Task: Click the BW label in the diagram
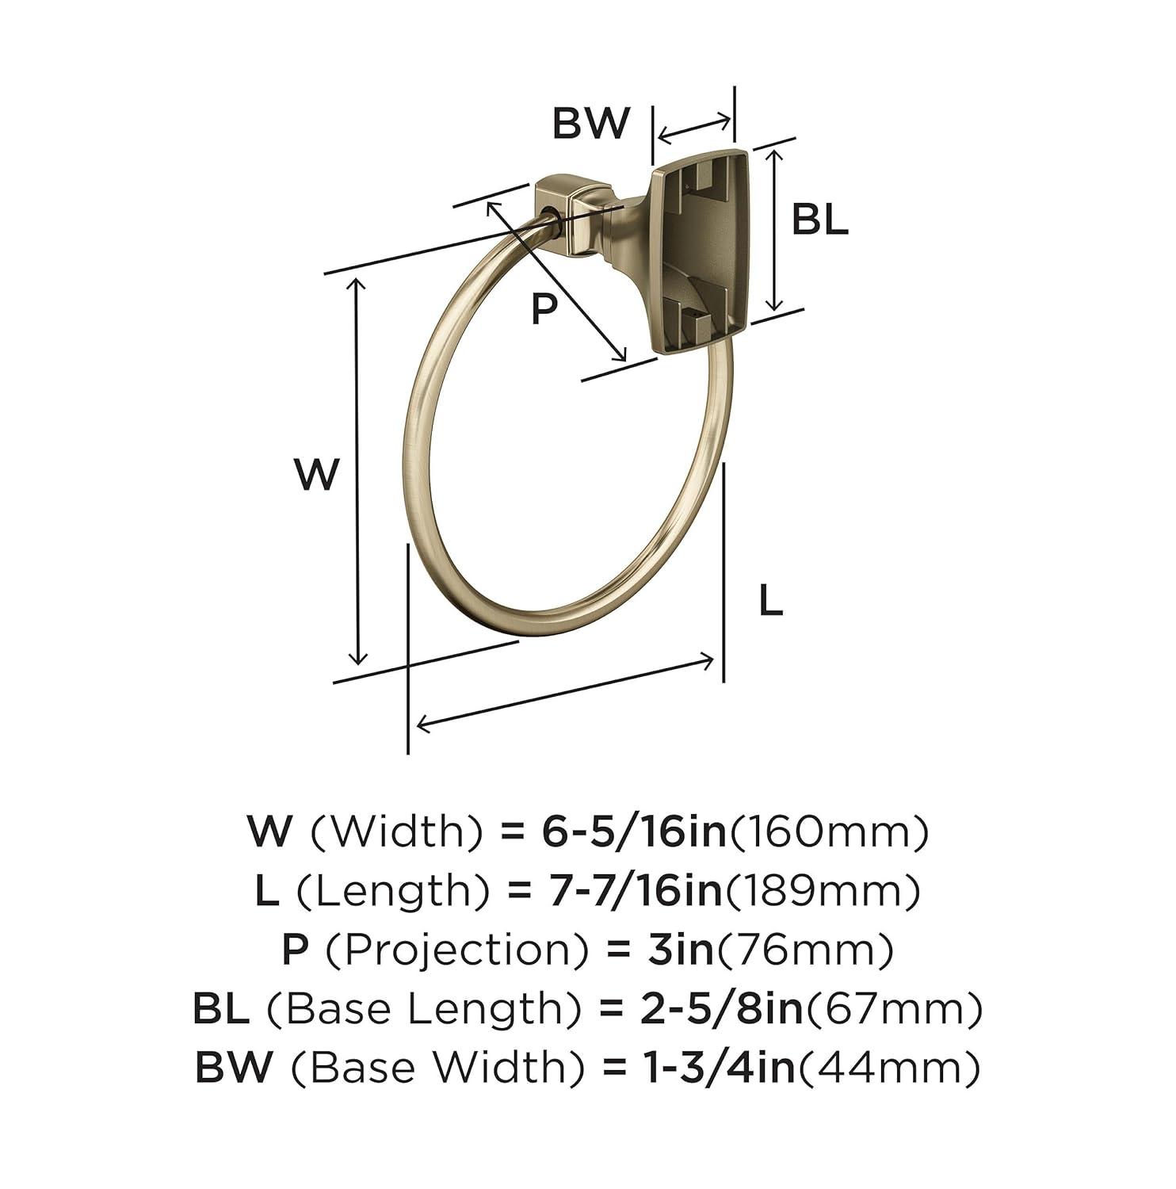point(591,124)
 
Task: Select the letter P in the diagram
point(544,308)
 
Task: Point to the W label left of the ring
point(317,475)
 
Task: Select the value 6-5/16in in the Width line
point(634,832)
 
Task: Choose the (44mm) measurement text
point(888,1069)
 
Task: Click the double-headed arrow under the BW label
point(694,129)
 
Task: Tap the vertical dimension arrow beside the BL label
point(777,229)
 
